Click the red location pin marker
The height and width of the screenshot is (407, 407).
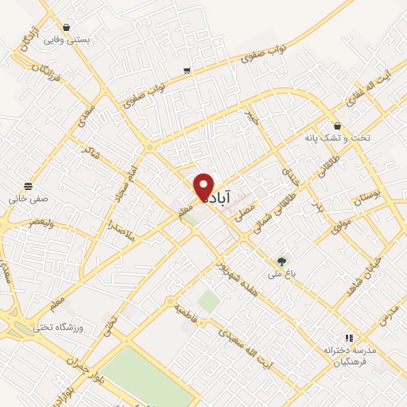coord(204,188)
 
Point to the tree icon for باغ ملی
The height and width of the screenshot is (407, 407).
coord(280,261)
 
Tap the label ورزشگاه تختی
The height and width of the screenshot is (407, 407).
coord(60,327)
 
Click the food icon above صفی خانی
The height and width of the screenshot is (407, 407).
coord(29,186)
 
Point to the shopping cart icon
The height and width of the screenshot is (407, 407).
coord(186,71)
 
